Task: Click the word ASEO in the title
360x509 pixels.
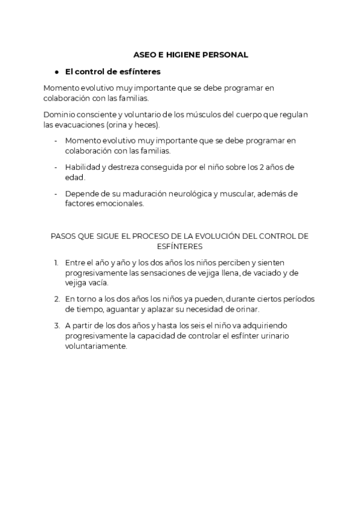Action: [x=144, y=55]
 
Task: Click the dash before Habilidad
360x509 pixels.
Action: [x=56, y=167]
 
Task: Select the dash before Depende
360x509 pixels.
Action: [x=56, y=194]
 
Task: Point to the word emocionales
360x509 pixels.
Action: [x=122, y=204]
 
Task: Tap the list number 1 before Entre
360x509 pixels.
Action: [x=56, y=263]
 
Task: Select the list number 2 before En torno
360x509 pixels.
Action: [x=56, y=299]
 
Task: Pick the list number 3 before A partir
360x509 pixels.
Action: [x=56, y=325]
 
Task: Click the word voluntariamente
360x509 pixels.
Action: [x=96, y=346]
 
